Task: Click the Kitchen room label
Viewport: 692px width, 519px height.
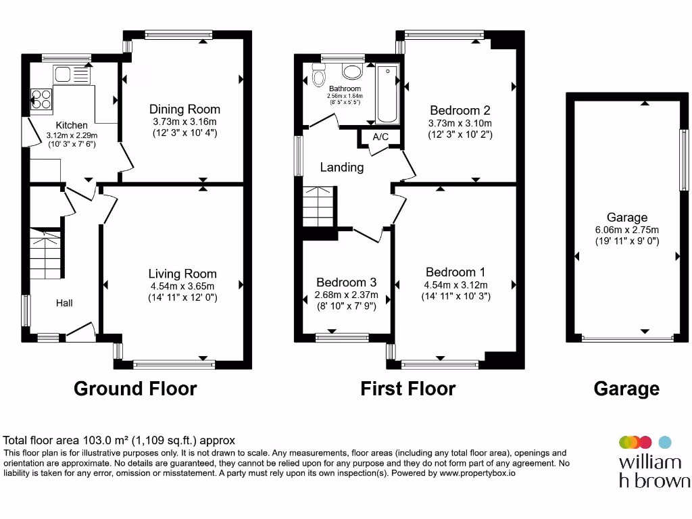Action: pos(72,125)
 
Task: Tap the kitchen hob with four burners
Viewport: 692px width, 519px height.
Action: pos(41,99)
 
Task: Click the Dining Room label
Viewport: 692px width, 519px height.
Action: pos(184,109)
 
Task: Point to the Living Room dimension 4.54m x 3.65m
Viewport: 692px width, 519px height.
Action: pos(183,286)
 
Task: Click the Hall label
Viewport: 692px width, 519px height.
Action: pos(64,303)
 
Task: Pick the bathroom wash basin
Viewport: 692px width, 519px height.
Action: pos(351,71)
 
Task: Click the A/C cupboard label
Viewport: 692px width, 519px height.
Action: pos(380,137)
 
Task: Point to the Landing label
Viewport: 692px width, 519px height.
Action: pos(341,167)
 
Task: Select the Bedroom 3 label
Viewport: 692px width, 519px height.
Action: pos(346,282)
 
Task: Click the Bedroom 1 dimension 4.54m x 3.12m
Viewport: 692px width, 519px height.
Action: pos(455,285)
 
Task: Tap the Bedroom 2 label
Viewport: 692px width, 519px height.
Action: pos(460,110)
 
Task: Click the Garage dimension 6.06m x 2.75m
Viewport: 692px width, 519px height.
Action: pos(626,230)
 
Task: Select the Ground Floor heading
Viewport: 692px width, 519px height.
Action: pos(135,389)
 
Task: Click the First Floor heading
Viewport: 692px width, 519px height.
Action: pos(407,389)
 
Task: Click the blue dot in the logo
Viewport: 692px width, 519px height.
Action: pos(665,442)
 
